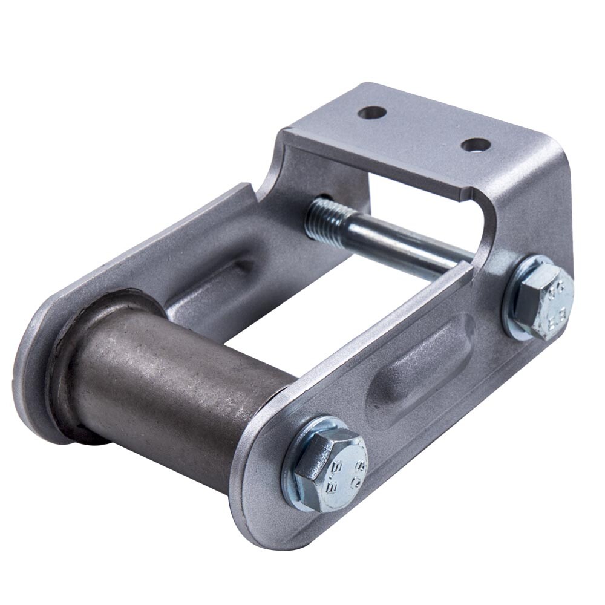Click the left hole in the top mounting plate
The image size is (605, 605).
pyautogui.click(x=372, y=113)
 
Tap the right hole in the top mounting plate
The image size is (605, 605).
pyautogui.click(x=476, y=145)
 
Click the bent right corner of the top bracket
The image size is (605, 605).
pyautogui.click(x=554, y=157)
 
